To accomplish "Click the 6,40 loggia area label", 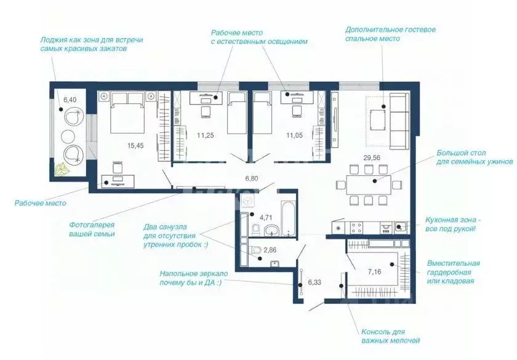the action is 70,100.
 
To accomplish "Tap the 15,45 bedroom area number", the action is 135,145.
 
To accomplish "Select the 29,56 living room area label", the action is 372,158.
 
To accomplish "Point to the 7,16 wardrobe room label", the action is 374,272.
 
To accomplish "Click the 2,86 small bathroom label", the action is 270,250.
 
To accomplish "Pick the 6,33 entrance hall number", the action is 315,282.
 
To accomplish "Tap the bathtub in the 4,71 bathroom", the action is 289,218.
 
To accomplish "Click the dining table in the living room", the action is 368,185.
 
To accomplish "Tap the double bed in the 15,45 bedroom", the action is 127,112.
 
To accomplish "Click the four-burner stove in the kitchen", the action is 356,228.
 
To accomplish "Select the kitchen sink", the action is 398,227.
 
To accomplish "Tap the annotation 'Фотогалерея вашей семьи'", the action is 92,230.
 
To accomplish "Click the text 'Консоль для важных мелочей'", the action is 390,336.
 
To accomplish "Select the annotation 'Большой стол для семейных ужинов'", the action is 475,158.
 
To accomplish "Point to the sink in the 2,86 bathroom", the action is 275,263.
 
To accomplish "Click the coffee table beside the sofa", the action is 378,121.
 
